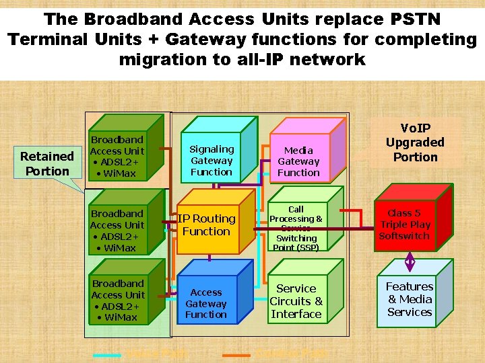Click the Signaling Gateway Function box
pos(212,161)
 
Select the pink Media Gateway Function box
pos(298,161)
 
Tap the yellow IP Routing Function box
pos(206,225)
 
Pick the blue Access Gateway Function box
pos(206,303)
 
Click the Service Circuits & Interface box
pos(296,301)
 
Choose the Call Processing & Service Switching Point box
pos(296,228)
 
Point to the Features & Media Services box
pos(409,299)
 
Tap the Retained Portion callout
pos(46,163)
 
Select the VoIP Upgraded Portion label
pos(415,143)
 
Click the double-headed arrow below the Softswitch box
pos(410,259)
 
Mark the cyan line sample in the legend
pos(106,353)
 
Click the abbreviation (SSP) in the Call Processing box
pos(296,248)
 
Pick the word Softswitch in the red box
pos(404,236)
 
